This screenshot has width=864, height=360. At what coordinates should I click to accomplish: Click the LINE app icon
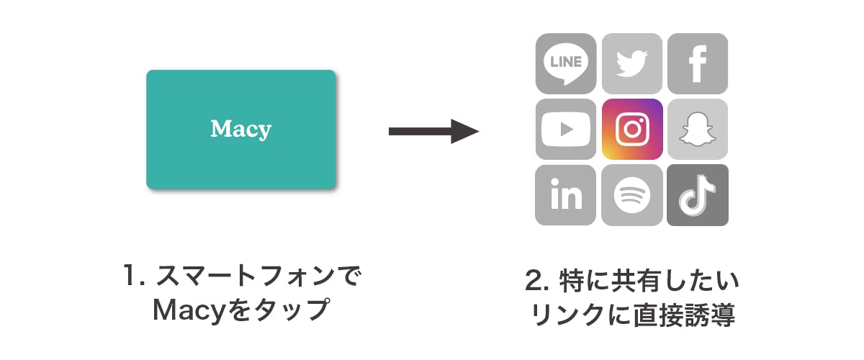(x=566, y=63)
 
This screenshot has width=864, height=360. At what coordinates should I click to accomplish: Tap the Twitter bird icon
(x=632, y=63)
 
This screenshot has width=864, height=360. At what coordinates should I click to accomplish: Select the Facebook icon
(x=698, y=63)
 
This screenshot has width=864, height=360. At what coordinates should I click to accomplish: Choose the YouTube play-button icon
(x=566, y=130)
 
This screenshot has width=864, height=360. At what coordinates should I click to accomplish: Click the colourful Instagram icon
(x=632, y=130)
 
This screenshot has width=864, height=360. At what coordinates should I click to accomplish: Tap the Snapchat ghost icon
(x=698, y=130)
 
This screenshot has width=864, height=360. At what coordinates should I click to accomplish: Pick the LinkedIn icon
(x=566, y=195)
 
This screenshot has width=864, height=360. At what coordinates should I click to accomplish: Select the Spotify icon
(x=632, y=195)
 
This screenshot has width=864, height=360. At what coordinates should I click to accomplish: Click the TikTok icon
(x=698, y=195)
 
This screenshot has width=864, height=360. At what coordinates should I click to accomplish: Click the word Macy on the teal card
(x=241, y=130)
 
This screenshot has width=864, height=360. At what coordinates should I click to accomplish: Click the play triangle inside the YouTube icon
(x=567, y=130)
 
